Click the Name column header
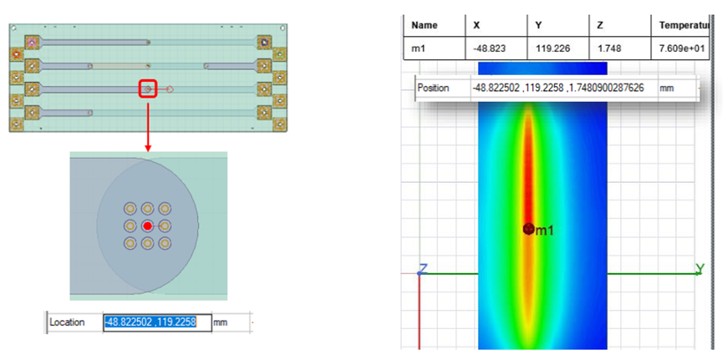point(425,25)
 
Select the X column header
point(476,25)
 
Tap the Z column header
point(600,25)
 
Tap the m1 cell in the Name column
point(418,48)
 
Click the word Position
point(433,88)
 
